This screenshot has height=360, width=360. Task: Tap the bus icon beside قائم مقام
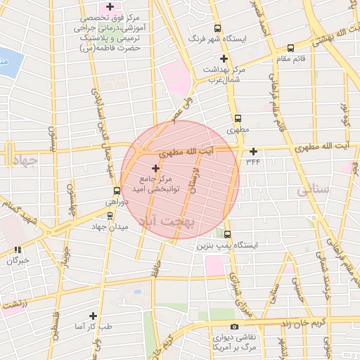[290, 49]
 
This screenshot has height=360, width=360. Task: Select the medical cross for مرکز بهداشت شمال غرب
[224, 59]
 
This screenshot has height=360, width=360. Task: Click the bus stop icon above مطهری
[237, 118]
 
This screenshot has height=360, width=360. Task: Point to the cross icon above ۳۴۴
[253, 150]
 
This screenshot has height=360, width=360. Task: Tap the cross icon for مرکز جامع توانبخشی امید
[155, 168]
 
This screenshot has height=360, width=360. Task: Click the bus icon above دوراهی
[117, 191]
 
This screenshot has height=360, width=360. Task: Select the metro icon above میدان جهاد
[110, 215]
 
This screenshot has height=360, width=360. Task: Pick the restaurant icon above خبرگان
[17, 249]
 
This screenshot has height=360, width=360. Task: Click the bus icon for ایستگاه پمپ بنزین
[227, 235]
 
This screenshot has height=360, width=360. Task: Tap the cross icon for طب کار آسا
[93, 316]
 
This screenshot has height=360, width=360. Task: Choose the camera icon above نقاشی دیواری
[234, 326]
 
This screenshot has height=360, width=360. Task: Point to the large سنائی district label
[313, 191]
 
